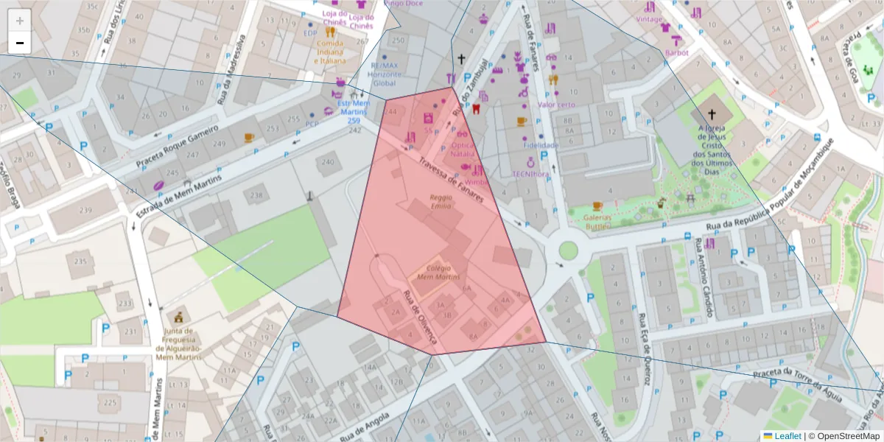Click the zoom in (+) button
click(20, 21)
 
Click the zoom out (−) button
click(20, 43)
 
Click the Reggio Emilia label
click(441, 202)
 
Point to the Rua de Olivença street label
click(421, 318)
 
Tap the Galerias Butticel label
click(597, 222)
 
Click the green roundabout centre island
click(568, 250)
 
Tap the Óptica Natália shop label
click(463, 150)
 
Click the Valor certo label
click(556, 105)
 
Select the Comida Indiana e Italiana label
click(329, 52)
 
